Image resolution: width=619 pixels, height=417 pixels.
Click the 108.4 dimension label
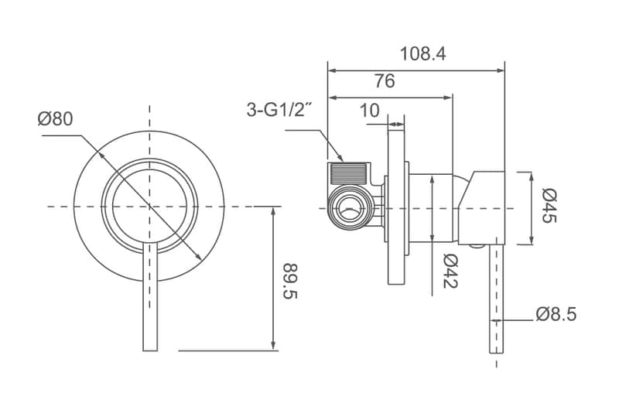tap(422, 53)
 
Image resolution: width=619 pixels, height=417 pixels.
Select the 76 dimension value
tap(385, 81)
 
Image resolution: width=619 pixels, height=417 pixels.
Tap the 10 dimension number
tap(370, 111)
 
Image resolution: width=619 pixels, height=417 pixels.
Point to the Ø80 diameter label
tap(55, 119)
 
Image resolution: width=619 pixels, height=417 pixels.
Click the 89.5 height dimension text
tap(291, 281)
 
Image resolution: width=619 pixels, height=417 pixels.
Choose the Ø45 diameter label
tap(549, 206)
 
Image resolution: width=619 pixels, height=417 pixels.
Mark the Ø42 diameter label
tap(450, 271)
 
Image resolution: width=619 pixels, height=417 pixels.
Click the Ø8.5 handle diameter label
tap(556, 314)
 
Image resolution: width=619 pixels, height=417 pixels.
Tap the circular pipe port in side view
tap(350, 207)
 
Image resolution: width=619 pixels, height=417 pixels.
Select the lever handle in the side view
tap(496, 299)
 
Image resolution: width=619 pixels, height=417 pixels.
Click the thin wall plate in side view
tap(396, 205)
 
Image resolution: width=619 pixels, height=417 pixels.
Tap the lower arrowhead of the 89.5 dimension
tap(273, 345)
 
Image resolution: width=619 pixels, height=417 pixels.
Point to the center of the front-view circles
tap(149, 206)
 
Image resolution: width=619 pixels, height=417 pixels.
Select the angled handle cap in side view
tap(481, 208)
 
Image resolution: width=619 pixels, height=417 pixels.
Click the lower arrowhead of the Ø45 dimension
tap(532, 239)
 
